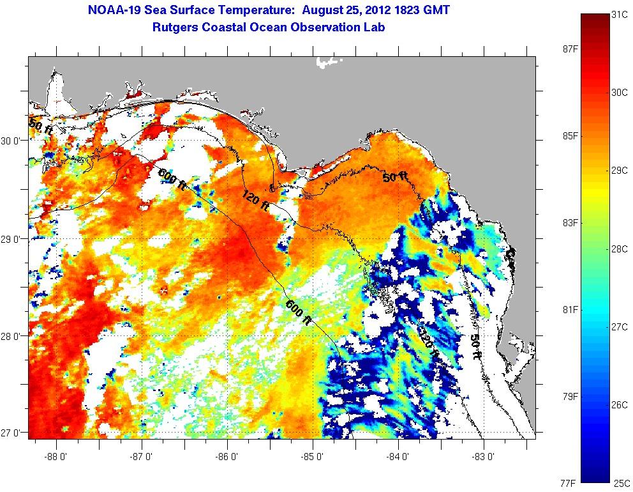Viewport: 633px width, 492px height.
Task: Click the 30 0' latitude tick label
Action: (x=12, y=141)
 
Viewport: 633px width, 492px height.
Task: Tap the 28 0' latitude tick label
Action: (x=12, y=336)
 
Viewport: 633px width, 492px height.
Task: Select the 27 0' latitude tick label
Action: (x=12, y=433)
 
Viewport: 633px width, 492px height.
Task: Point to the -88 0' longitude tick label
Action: (x=57, y=457)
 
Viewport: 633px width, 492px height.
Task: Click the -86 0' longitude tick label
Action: (x=228, y=457)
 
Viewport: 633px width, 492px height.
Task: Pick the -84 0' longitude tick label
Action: (x=398, y=457)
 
